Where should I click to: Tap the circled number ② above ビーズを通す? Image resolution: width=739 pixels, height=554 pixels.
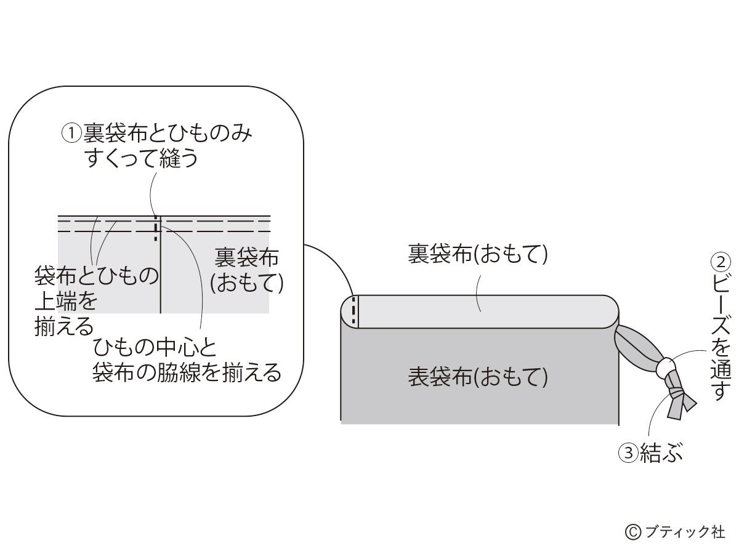click(719, 262)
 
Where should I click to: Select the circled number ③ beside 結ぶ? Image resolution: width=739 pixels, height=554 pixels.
click(627, 454)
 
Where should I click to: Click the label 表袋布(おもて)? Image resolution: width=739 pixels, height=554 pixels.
click(478, 377)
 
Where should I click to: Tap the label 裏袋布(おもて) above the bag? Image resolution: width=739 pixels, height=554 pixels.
click(478, 254)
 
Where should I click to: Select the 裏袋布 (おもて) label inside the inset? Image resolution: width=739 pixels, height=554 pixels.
click(246, 270)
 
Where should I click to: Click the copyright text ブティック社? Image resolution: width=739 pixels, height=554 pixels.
click(685, 531)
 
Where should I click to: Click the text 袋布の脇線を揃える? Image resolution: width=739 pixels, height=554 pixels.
click(187, 372)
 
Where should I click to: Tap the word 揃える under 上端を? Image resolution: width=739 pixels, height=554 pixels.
click(63, 326)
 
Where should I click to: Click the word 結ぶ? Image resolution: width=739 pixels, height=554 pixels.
click(661, 454)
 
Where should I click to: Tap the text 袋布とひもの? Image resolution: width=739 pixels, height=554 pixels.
click(97, 275)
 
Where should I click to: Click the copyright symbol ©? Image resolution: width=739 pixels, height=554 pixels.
click(632, 532)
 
